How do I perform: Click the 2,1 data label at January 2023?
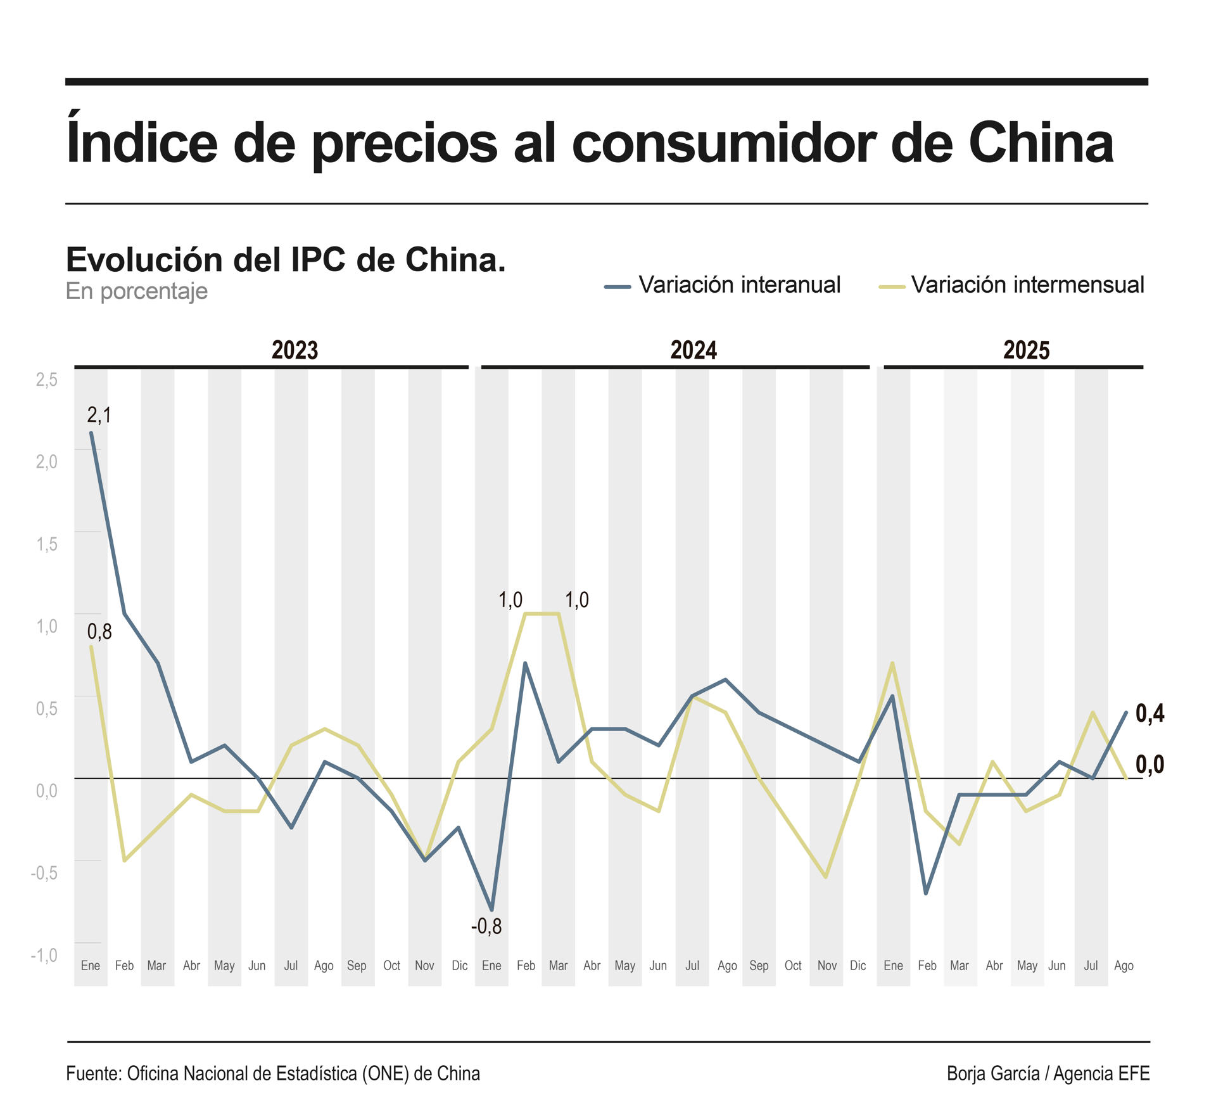(x=99, y=416)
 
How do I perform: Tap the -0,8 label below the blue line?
(x=486, y=926)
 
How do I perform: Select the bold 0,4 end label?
(x=1149, y=713)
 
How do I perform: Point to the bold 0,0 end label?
(x=1149, y=765)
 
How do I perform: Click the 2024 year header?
(x=693, y=350)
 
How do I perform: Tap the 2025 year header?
(x=1026, y=350)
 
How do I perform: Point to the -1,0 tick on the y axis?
(x=44, y=955)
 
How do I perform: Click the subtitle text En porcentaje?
(x=137, y=291)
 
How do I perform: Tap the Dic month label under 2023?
(x=459, y=966)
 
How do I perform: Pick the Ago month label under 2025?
(x=1124, y=966)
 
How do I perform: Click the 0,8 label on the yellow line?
(x=99, y=632)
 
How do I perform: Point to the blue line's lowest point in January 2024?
(x=492, y=909)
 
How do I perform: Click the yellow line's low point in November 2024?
(x=826, y=877)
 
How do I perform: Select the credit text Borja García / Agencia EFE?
(x=1048, y=1073)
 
